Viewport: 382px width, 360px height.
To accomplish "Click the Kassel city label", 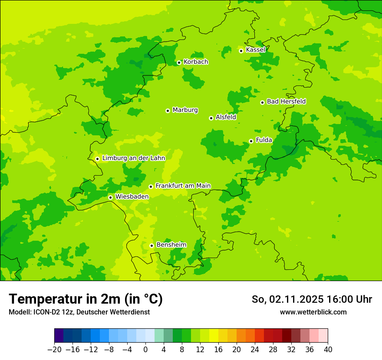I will (x=255, y=50).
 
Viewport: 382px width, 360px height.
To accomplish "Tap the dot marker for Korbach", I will (x=179, y=62).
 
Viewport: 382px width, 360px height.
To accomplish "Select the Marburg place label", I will (x=185, y=110).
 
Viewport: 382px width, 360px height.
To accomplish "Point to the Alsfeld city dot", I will (x=211, y=118).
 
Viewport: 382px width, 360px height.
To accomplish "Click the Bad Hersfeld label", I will (x=286, y=101).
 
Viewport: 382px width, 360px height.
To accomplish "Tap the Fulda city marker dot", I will (x=251, y=141).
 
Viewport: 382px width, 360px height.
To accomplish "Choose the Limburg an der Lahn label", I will (x=134, y=158).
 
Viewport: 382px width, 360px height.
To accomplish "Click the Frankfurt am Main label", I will (x=183, y=186).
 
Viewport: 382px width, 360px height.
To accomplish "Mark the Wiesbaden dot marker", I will (x=110, y=197).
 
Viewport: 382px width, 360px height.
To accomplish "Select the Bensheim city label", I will (x=171, y=245).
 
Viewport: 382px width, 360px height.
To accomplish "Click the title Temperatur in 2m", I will (x=86, y=299).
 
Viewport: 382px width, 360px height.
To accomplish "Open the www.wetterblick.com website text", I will (x=313, y=312).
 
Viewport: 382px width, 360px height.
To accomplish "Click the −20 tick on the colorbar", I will (x=54, y=350).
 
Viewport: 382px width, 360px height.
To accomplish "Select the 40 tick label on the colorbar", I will (x=328, y=350).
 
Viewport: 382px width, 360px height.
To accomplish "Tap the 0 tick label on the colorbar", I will (x=145, y=350).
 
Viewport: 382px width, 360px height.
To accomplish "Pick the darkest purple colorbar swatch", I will (x=59, y=336).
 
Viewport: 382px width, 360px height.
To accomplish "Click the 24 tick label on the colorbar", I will (x=255, y=350).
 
